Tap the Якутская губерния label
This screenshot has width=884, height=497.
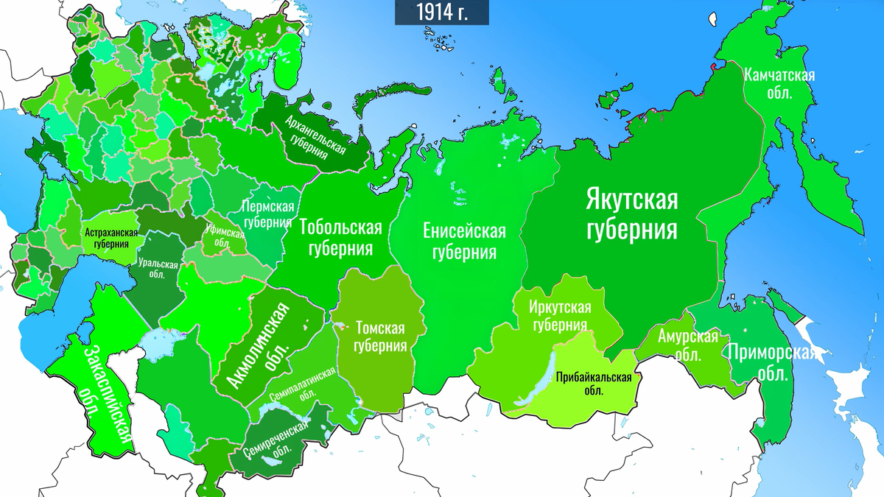pos(631,214)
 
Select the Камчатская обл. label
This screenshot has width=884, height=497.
pos(778,84)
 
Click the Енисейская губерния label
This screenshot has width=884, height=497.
pos(464,242)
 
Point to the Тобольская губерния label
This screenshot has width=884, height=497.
pos(340,237)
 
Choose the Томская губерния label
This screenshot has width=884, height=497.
pos(380,336)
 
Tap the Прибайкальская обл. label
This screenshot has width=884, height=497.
pos(594,384)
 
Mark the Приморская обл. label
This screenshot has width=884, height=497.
pos(771,360)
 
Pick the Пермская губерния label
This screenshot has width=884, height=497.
pos(268,216)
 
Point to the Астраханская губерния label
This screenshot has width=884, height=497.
pos(111,238)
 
